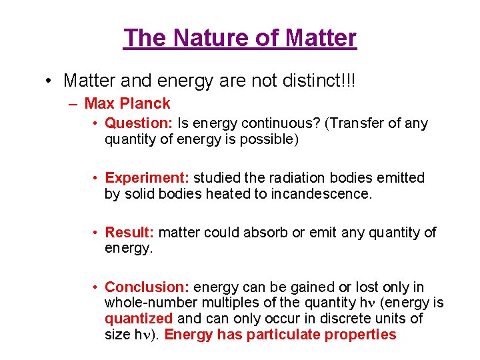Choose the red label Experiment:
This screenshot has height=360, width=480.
click(x=147, y=178)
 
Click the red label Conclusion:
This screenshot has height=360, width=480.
click(x=147, y=287)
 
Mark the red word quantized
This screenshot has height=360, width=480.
click(x=139, y=319)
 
